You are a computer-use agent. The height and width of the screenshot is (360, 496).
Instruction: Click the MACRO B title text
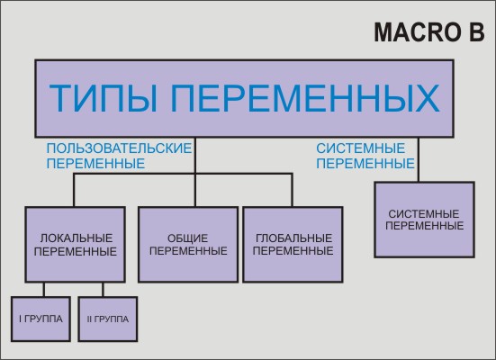point(429,32)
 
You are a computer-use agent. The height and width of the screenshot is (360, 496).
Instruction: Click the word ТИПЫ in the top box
point(104,97)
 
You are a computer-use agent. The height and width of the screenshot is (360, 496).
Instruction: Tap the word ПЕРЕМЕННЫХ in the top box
point(305,97)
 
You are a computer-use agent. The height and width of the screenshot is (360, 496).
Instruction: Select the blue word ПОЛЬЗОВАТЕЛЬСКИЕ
point(119,148)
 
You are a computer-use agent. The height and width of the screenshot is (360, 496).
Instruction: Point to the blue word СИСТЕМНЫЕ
point(361,148)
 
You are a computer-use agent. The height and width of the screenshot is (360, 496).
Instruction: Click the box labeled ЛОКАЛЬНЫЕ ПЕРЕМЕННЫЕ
point(76,244)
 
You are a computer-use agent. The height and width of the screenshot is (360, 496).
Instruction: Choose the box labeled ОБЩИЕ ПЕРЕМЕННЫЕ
point(188,244)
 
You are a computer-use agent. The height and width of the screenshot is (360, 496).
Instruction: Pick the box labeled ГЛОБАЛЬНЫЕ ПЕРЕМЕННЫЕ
point(293,244)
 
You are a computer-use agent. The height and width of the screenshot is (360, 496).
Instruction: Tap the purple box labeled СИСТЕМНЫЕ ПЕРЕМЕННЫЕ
point(425,220)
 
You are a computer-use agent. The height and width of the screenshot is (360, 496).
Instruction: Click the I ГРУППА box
point(41,319)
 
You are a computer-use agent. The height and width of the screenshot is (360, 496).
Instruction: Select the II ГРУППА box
point(108,319)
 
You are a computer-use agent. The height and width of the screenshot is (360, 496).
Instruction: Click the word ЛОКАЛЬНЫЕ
point(77,238)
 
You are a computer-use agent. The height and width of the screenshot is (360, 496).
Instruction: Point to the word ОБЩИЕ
point(187,238)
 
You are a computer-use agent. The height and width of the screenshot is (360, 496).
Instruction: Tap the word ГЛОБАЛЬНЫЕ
point(293,238)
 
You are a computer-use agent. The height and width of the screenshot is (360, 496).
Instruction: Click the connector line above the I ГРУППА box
point(43,290)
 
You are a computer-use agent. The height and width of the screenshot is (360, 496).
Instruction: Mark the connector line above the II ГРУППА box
point(103,290)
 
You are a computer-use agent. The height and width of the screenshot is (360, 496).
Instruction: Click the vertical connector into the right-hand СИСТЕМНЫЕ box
point(419,159)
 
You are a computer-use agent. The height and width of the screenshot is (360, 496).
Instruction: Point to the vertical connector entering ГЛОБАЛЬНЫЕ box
point(292,190)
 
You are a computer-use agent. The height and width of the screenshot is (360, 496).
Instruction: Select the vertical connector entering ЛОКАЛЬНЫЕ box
point(74,190)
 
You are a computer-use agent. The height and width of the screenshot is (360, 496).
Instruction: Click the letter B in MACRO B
point(477,32)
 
